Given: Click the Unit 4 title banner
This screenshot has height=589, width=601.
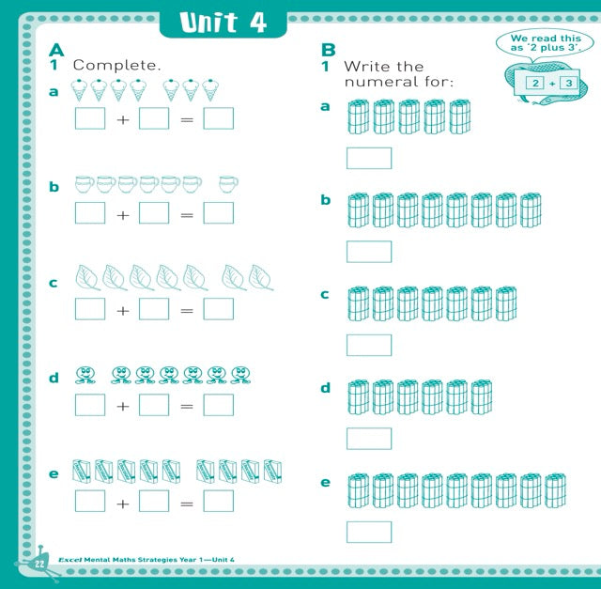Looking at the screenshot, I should (x=223, y=23).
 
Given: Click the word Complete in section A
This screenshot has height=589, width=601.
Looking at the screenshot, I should (x=117, y=66).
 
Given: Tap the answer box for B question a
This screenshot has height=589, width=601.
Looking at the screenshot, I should (x=368, y=158).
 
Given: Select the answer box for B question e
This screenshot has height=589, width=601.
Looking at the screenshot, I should (x=368, y=532).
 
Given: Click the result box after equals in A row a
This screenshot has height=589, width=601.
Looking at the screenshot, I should (x=218, y=118).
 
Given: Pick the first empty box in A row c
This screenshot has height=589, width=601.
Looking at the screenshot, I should (x=90, y=309).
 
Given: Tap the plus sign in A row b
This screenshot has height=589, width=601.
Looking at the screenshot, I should (x=122, y=215).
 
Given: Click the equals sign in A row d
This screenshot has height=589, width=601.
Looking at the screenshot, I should (x=186, y=407).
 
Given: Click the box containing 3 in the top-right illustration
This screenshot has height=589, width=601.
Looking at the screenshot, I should (x=568, y=84).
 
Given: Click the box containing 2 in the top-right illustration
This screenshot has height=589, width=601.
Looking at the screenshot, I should (x=534, y=84).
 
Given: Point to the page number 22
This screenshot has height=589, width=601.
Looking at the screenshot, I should (x=40, y=563).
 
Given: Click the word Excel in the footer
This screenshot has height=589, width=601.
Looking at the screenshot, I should (x=71, y=561).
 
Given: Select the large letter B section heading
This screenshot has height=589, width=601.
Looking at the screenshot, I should (x=329, y=51).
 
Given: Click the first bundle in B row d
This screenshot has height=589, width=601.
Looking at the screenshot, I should (x=359, y=397).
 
